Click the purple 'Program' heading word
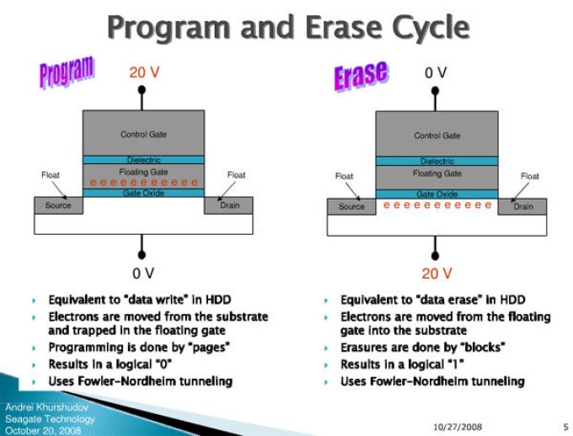click(x=67, y=72)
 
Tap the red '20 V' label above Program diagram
click(x=143, y=72)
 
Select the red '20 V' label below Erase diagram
click(x=436, y=273)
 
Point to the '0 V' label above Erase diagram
click(x=436, y=73)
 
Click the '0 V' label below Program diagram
click(x=143, y=273)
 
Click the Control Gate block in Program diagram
click(x=143, y=133)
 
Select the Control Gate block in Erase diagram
click(x=436, y=133)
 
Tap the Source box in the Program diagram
click(x=58, y=205)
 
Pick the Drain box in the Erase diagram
click(x=522, y=206)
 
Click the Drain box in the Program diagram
click(x=228, y=205)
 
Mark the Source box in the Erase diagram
click(x=351, y=206)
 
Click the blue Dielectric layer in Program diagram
click(x=143, y=160)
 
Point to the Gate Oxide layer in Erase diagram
click(x=436, y=194)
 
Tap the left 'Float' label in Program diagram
click(x=51, y=175)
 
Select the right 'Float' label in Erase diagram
click(x=529, y=176)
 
